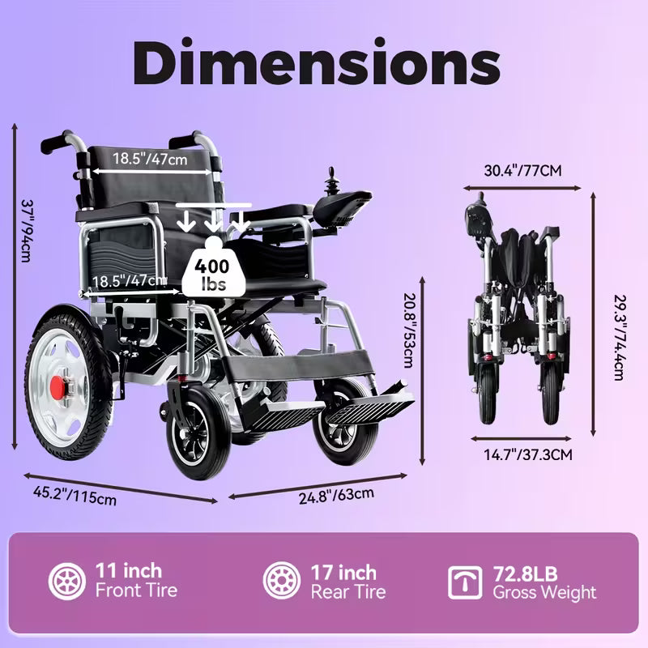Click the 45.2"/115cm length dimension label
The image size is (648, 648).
pyautogui.click(x=74, y=494)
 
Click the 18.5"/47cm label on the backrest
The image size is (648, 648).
pyautogui.click(x=150, y=159)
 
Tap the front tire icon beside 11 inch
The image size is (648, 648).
pyautogui.click(x=66, y=581)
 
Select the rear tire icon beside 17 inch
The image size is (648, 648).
pyautogui.click(x=282, y=581)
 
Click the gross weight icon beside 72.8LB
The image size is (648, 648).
pyautogui.click(x=465, y=581)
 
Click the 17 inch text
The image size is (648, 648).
pyautogui.click(x=343, y=572)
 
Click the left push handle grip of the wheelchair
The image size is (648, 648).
pyautogui.click(x=55, y=145)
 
